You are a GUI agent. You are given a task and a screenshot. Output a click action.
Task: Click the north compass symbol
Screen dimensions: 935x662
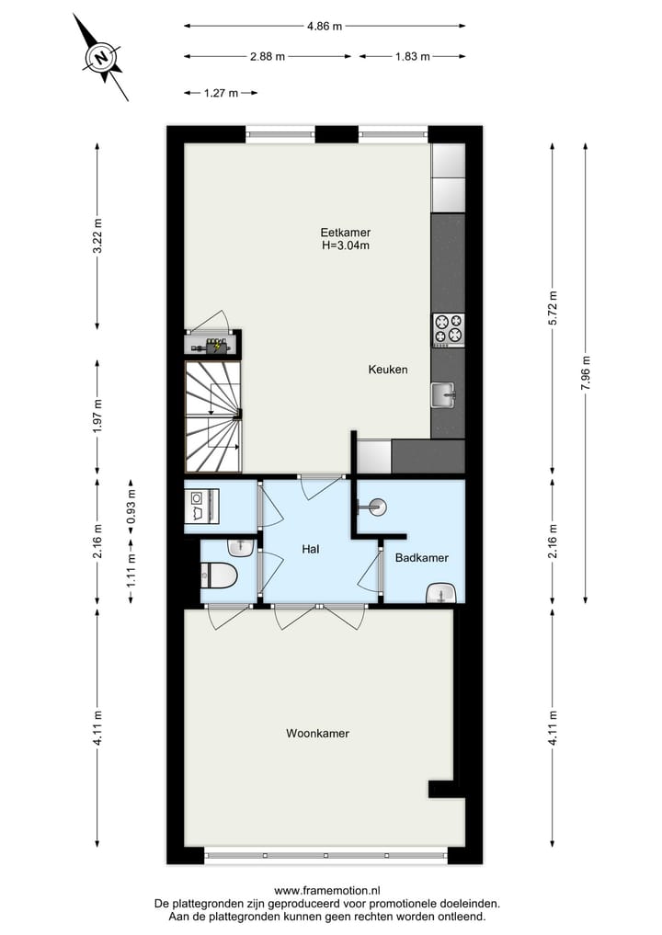click(101, 58)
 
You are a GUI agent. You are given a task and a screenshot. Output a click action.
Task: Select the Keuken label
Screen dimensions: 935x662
click(387, 370)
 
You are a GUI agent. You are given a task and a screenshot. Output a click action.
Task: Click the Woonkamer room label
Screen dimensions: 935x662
click(317, 734)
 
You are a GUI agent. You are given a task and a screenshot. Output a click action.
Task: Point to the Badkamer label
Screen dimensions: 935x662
click(421, 558)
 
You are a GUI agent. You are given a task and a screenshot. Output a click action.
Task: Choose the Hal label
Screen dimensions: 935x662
click(310, 549)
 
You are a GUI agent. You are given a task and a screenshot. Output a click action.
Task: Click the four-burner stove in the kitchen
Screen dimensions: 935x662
click(448, 329)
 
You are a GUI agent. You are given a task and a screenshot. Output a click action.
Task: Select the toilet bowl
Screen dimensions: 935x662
click(218, 576)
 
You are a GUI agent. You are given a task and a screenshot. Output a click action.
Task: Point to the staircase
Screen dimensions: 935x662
click(213, 416)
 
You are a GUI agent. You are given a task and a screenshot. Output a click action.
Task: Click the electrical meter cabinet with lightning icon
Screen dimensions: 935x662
click(213, 345)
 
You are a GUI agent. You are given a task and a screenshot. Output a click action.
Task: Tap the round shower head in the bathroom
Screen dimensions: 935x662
click(377, 505)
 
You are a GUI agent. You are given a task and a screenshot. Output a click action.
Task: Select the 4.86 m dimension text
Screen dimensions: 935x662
click(324, 27)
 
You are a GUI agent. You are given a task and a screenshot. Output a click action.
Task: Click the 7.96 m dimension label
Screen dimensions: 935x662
click(586, 374)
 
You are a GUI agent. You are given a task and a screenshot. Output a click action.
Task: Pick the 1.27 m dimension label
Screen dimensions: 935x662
click(220, 93)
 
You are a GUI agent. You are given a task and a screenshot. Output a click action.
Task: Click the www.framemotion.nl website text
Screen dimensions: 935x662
click(327, 891)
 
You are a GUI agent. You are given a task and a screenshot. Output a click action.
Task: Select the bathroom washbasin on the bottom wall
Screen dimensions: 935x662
click(443, 593)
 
